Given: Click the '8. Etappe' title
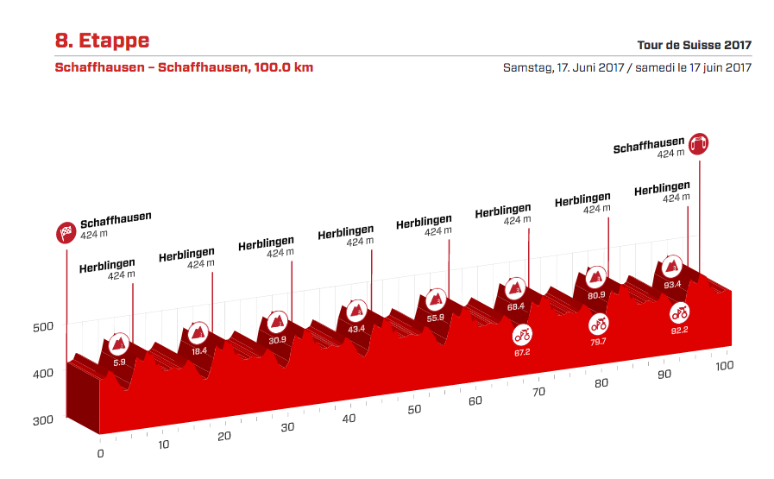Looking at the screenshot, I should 102,41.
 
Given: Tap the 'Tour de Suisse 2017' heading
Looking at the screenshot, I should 694,46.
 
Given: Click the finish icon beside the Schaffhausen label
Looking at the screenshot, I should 699,143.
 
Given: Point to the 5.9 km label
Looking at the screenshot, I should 119,362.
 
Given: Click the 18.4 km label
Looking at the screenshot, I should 199,351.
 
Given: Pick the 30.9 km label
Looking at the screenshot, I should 278,340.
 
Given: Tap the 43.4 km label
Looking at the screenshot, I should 356,329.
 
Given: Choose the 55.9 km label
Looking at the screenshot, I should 436,318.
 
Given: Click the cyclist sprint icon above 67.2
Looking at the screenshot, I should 522,335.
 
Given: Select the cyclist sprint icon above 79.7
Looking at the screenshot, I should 599,324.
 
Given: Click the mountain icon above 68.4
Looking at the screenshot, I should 516,288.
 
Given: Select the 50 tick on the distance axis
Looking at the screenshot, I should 415,409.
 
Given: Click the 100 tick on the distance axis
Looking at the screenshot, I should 724,366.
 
